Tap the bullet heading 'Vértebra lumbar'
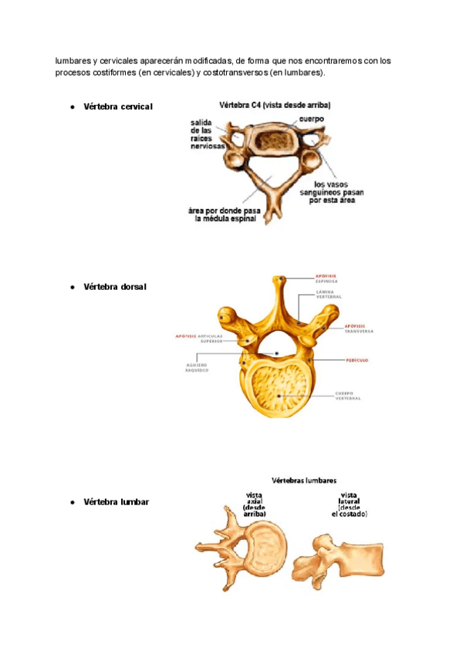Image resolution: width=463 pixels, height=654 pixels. [116, 502]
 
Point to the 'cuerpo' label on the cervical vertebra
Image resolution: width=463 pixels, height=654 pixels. [311, 120]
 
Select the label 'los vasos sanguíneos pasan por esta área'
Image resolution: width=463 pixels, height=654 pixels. [328, 191]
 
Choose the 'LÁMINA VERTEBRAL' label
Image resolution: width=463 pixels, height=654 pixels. [329, 295]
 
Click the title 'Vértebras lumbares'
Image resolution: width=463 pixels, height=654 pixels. [302, 480]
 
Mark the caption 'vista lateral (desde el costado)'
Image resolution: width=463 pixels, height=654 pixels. [348, 504]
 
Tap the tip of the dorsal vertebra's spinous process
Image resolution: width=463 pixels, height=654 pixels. [282, 280]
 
